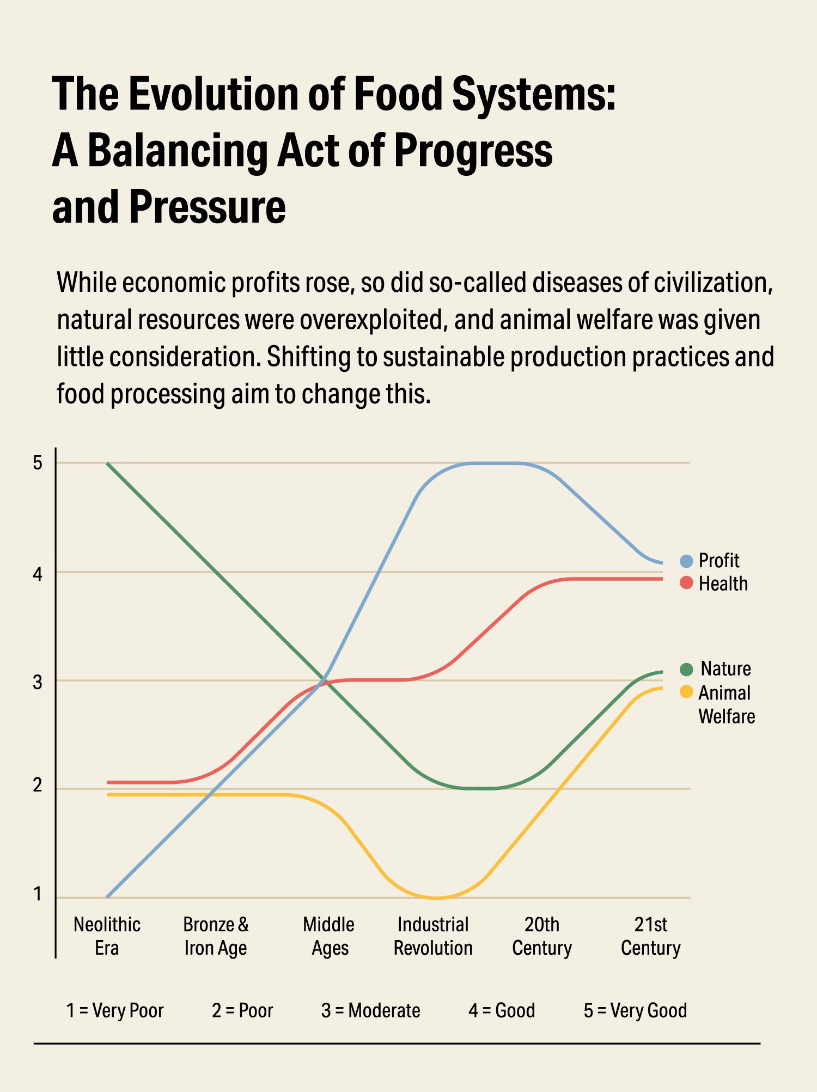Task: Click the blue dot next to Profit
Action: point(686,561)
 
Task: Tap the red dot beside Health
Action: point(686,583)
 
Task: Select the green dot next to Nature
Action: point(686,669)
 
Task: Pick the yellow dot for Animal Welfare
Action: point(686,692)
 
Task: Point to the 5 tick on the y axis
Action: point(38,463)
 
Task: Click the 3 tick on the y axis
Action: point(38,681)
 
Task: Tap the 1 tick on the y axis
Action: point(38,894)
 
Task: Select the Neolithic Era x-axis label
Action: point(107,936)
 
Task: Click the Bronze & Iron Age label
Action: point(216,936)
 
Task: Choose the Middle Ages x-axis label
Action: point(329,936)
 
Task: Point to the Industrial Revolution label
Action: point(433,936)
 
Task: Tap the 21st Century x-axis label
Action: point(651,936)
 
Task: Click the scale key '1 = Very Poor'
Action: point(115,1010)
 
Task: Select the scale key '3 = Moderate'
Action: point(370,1010)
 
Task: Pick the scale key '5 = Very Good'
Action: point(635,1010)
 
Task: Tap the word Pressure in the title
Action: point(208,207)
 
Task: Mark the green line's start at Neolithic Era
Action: point(108,463)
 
